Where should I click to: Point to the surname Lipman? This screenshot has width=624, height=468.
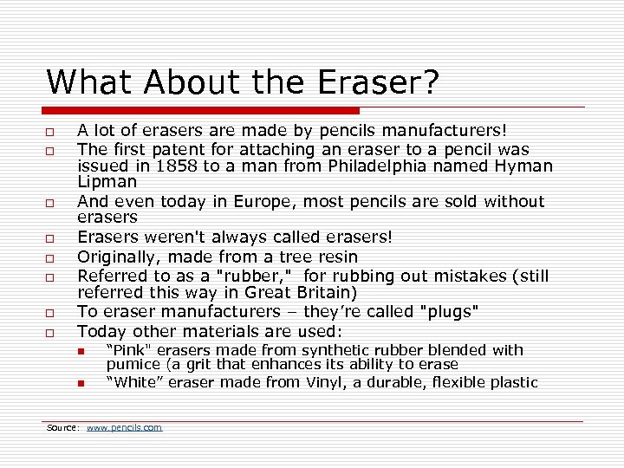[107, 182]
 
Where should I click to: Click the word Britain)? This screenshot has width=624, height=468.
[322, 293]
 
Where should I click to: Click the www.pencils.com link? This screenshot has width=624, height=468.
[124, 427]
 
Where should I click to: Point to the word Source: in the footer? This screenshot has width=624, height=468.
[63, 427]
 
